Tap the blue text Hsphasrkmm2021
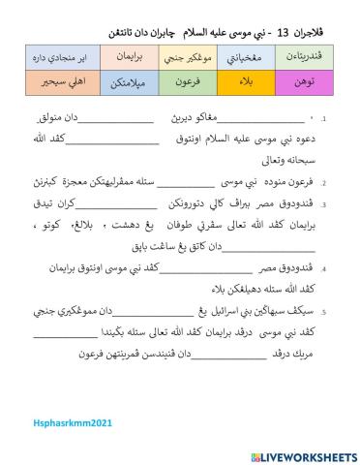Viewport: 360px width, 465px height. point(57,410)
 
